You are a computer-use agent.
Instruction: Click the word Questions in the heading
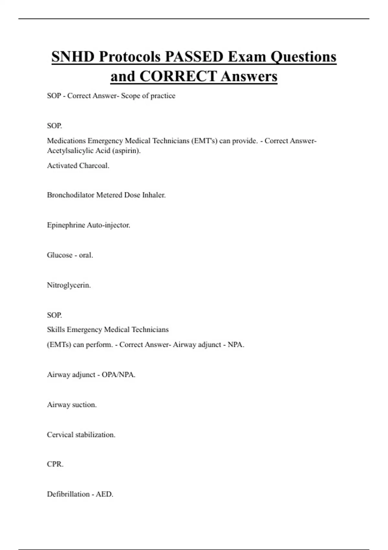(303, 57)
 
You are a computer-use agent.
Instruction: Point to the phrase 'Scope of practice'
(148, 96)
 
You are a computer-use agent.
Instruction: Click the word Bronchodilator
(70, 195)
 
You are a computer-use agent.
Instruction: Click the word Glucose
(59, 255)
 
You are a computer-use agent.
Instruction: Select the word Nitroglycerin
(69, 285)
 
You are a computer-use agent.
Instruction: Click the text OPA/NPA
(118, 375)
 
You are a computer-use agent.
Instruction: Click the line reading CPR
(55, 464)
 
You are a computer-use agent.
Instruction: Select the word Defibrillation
(68, 494)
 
